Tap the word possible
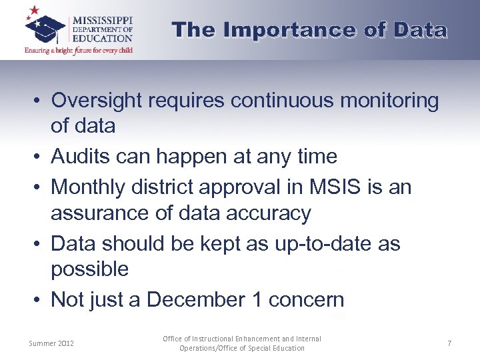89,269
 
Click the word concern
306,300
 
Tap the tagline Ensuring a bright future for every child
79,50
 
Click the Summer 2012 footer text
51,343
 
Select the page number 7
449,343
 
